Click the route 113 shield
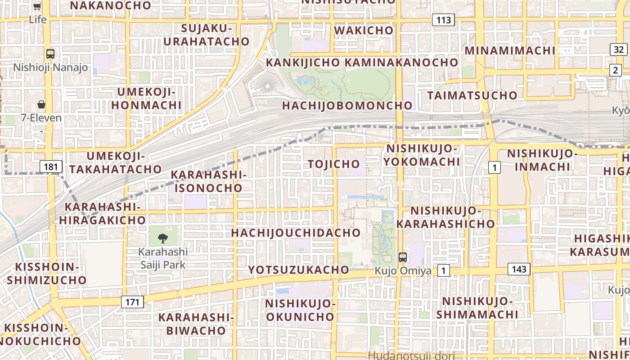[x=443, y=20]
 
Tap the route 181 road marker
[x=51, y=167]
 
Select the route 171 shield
[x=132, y=301]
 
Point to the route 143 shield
[x=519, y=269]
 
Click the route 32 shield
[x=619, y=49]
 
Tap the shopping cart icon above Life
[x=37, y=6]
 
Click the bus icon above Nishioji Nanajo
[x=50, y=54]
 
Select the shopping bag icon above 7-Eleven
[x=41, y=104]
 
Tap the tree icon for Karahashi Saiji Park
[x=163, y=238]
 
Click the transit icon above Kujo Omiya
[x=403, y=257]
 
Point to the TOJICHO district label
[x=334, y=164]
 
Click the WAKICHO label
[x=364, y=30]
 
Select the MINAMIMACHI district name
[x=510, y=50]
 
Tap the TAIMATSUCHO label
[x=472, y=95]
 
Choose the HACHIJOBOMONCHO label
[x=347, y=105]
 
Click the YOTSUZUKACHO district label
[x=299, y=270]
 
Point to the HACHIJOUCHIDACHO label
[x=296, y=233]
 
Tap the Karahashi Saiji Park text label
[x=163, y=258]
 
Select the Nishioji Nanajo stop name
[x=50, y=67]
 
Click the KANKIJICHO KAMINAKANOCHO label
[x=362, y=62]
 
